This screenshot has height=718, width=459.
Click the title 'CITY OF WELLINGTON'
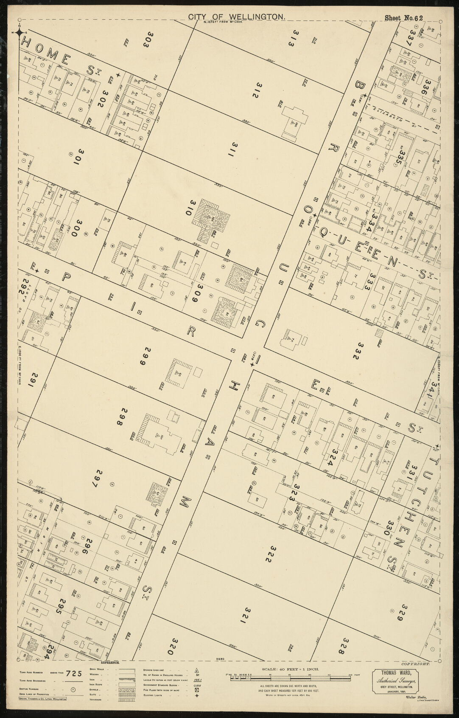click(236, 17)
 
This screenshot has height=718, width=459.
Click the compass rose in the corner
click(20, 33)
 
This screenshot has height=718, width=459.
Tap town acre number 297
click(100, 479)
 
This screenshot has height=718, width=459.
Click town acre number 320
click(174, 646)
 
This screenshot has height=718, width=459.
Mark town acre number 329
click(399, 613)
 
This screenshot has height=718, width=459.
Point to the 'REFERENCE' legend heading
click(109, 674)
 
